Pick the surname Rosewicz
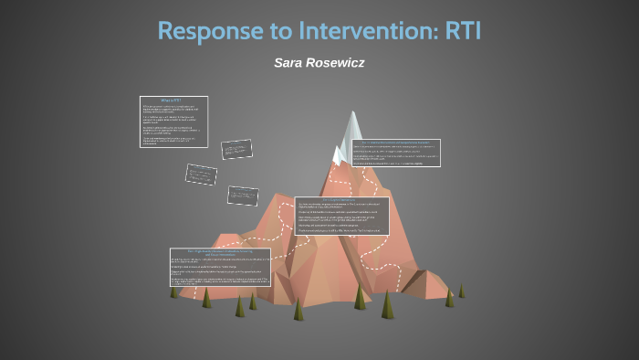click(340, 62)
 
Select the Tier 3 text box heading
click(394, 143)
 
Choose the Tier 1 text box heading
click(220, 251)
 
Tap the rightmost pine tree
click(461, 290)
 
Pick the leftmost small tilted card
click(201, 174)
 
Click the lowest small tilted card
click(242, 195)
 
